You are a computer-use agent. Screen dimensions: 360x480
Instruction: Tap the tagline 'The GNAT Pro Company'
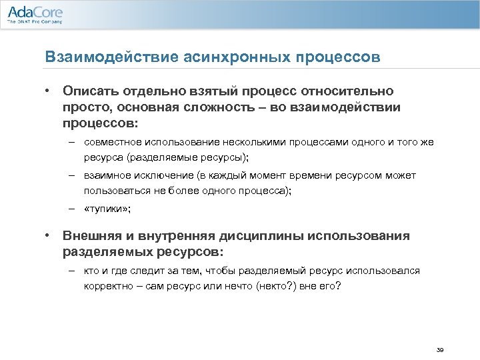tap(35, 22)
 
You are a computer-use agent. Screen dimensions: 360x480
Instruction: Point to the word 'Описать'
tap(89, 90)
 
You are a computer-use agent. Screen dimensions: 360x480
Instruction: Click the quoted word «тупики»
tap(108, 209)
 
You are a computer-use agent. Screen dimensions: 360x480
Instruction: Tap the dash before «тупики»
tap(70, 209)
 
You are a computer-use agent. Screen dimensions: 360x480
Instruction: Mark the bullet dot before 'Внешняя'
tap(49, 235)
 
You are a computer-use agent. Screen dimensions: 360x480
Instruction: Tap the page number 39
tap(439, 350)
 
